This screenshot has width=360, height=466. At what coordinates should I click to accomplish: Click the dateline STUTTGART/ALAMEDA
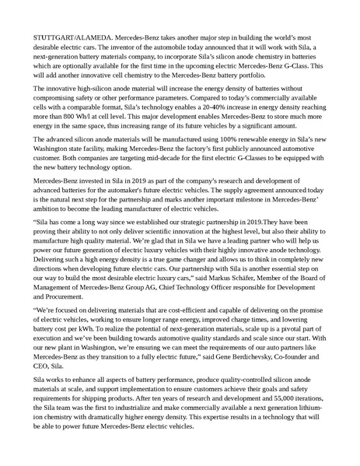pos(68,37)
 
